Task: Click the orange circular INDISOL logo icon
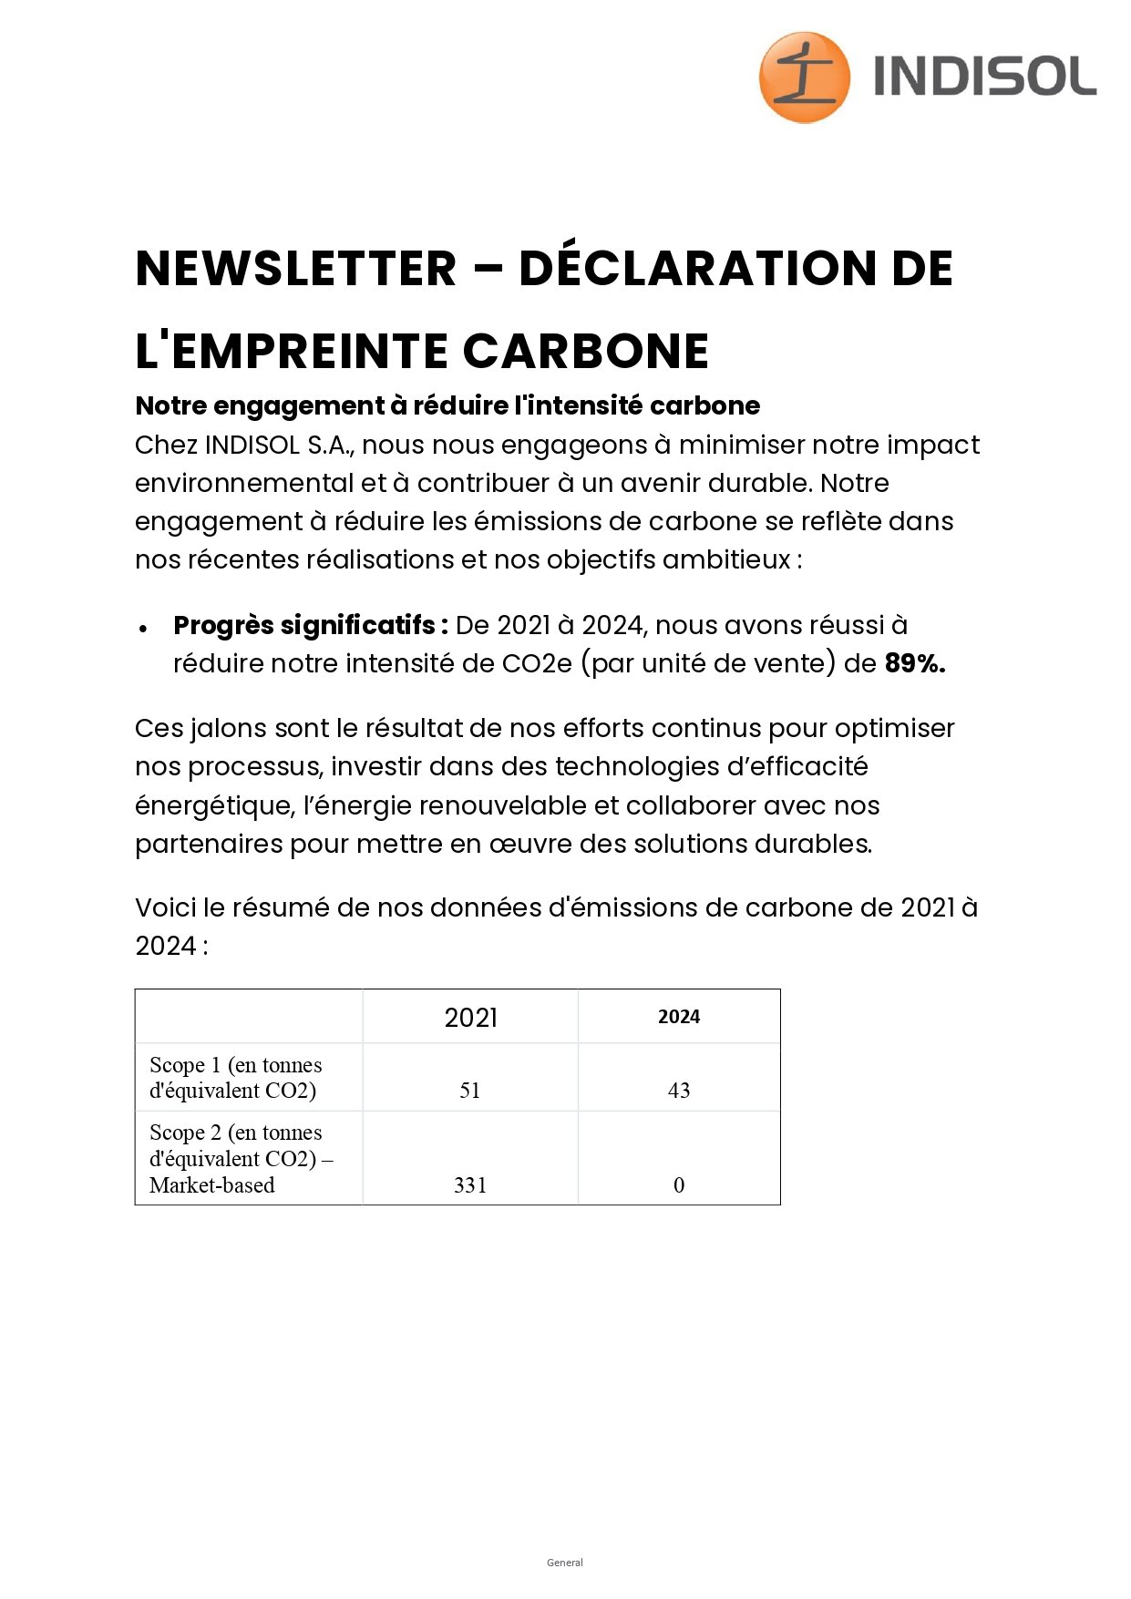tap(804, 77)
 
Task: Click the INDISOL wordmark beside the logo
tap(984, 77)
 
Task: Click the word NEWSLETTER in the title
tap(295, 269)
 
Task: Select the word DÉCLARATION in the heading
tap(697, 269)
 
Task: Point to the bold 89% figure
tap(914, 663)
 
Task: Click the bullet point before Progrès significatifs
tap(144, 628)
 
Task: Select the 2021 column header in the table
tap(470, 1017)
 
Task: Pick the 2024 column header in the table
tap(679, 1017)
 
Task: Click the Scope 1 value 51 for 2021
tap(470, 1091)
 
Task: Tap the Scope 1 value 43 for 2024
tap(679, 1091)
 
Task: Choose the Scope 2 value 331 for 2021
tap(470, 1185)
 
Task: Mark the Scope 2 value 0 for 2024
tap(679, 1185)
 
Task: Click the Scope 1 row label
tap(235, 1078)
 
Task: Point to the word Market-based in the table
tap(211, 1185)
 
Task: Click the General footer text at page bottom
tap(565, 1563)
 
